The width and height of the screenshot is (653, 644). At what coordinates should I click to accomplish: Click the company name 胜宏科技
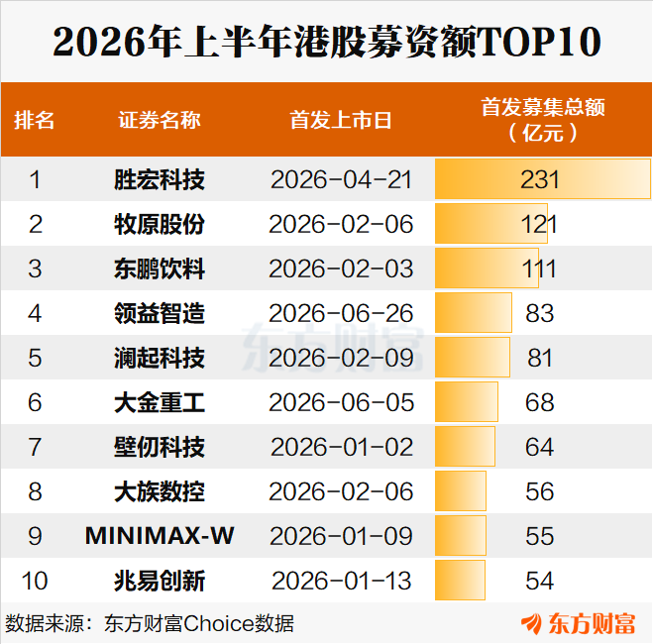[160, 180]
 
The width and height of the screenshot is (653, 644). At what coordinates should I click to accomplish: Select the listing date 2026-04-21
[341, 180]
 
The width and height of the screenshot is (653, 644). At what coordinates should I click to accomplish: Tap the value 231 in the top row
[539, 180]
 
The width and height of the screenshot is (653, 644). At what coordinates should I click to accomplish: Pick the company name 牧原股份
[160, 224]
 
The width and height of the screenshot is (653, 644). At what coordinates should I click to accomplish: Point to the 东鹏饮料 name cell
[160, 268]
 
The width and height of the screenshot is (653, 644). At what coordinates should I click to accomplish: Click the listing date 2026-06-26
[341, 313]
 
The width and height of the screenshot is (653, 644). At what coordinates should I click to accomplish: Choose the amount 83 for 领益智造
[539, 313]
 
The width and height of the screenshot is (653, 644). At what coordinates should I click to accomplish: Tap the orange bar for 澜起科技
[473, 358]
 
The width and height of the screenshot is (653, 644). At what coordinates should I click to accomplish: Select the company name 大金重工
[160, 402]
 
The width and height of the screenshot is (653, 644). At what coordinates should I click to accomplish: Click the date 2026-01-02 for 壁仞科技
[342, 447]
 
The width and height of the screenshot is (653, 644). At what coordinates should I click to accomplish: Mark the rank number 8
[35, 491]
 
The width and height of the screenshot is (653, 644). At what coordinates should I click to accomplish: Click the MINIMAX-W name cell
[160, 536]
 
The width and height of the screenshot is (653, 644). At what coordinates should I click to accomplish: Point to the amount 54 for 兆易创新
[539, 581]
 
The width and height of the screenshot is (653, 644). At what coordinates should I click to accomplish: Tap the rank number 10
[35, 581]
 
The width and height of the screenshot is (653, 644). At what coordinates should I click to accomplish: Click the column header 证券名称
[160, 120]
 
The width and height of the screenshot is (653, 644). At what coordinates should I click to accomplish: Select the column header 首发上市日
[341, 120]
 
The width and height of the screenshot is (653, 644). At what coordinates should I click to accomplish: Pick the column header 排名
[34, 120]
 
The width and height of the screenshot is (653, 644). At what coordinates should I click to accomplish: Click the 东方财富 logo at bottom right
[578, 623]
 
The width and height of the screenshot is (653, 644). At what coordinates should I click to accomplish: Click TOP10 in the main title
[539, 42]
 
